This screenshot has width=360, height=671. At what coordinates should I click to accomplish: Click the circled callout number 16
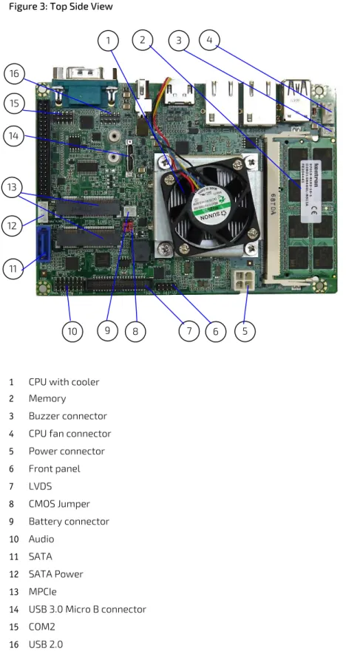pyautogui.click(x=14, y=74)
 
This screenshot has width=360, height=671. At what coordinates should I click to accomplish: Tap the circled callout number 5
pyautogui.click(x=245, y=331)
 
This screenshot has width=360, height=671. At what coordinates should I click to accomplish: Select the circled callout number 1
pyautogui.click(x=108, y=41)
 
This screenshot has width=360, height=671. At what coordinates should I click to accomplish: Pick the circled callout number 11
pyautogui.click(x=13, y=269)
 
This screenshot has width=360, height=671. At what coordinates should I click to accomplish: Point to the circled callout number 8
pyautogui.click(x=135, y=331)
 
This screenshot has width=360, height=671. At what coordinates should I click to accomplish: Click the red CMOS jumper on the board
pyautogui.click(x=129, y=227)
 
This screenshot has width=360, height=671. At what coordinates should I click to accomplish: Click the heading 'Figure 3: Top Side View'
pyautogui.click(x=61, y=7)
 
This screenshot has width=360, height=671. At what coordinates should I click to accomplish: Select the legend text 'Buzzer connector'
pyautogui.click(x=67, y=416)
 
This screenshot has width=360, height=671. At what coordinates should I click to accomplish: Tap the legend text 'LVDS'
pyautogui.click(x=40, y=486)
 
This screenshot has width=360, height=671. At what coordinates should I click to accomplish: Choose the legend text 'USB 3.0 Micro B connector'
pyautogui.click(x=87, y=609)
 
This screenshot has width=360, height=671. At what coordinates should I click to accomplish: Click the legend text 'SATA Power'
pyautogui.click(x=55, y=574)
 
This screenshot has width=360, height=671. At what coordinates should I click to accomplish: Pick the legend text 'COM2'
pyautogui.click(x=42, y=627)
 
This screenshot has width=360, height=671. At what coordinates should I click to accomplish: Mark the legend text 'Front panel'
pyautogui.click(x=55, y=469)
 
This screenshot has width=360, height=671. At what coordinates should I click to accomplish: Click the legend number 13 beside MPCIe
pyautogui.click(x=14, y=591)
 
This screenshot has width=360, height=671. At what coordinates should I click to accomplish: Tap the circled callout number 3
pyautogui.click(x=179, y=40)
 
